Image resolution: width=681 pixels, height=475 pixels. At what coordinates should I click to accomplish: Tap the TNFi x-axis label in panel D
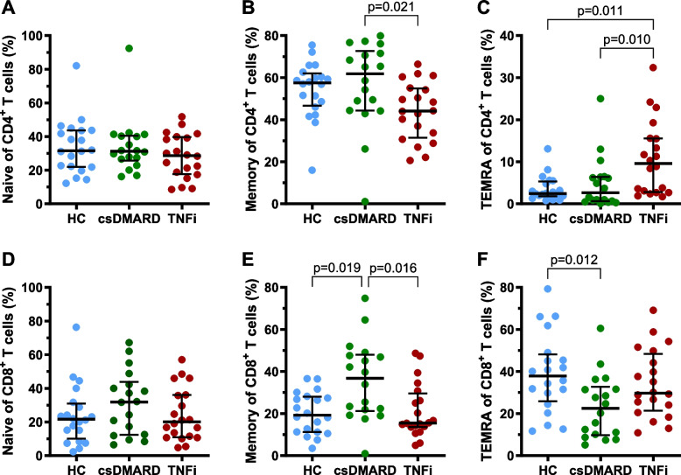tap(184, 468)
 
